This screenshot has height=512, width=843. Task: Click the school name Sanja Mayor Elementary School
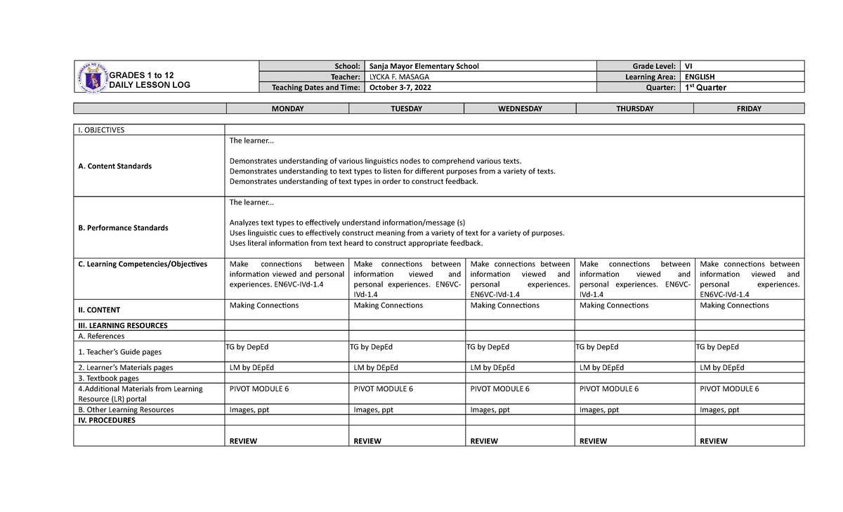[x=424, y=66]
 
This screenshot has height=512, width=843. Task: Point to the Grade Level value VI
[x=689, y=66]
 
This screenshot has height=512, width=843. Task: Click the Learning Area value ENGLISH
[x=700, y=77]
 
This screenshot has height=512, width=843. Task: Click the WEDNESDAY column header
[x=520, y=109]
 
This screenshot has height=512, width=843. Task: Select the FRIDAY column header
[x=749, y=109]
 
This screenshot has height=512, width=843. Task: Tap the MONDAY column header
[x=287, y=109]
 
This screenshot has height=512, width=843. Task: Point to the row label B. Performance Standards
[x=123, y=228]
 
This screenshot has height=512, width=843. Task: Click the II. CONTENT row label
[x=99, y=310]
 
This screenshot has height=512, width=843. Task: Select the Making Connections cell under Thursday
[x=614, y=306]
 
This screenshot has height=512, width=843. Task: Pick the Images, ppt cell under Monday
[x=249, y=409]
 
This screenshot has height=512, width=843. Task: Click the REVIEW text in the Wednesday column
[x=484, y=441]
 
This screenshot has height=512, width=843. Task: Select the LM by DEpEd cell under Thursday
[x=601, y=367]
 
